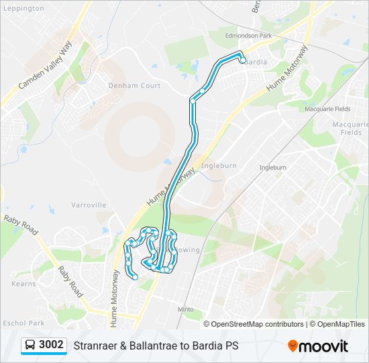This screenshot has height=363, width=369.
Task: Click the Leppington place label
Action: (x=24, y=9)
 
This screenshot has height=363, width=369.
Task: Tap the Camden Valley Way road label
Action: (x=45, y=65)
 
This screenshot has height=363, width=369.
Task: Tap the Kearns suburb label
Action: (x=24, y=284)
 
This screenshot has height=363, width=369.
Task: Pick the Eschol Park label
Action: (x=23, y=323)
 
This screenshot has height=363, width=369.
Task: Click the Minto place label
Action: (x=186, y=309)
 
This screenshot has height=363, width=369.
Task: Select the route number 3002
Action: (x=52, y=345)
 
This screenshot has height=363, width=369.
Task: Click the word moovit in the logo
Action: (x=324, y=346)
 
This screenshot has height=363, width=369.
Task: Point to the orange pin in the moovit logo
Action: (x=293, y=346)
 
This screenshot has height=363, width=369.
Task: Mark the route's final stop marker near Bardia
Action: (x=242, y=61)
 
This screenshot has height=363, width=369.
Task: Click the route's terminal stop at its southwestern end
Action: (x=135, y=276)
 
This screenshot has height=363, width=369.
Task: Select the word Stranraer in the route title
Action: (x=95, y=346)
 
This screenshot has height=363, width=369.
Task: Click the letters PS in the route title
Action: (x=231, y=346)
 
